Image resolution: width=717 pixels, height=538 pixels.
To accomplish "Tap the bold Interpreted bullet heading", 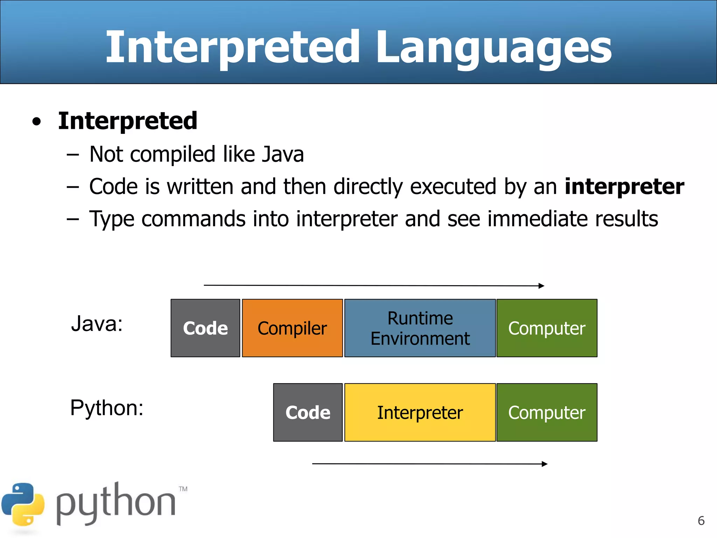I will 127,120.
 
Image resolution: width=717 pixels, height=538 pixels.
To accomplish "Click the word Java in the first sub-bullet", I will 283,154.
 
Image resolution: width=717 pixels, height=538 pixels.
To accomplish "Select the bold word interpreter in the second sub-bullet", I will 624,186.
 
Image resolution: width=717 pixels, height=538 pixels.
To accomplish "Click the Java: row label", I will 97,324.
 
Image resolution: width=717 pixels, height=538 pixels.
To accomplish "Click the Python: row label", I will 107,408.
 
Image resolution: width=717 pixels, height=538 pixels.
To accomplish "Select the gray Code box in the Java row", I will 205,328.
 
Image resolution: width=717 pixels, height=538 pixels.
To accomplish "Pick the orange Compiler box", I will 292,328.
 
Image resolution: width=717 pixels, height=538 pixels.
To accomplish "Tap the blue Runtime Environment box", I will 420,328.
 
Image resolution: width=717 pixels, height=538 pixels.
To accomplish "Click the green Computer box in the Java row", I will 547,328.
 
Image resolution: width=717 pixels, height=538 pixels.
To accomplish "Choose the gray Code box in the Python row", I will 308,412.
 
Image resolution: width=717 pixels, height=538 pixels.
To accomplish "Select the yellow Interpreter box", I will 420,412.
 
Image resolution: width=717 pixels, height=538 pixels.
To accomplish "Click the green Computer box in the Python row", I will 547,412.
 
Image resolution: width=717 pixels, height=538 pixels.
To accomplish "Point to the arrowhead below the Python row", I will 544,464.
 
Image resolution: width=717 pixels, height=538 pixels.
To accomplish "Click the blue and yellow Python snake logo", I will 23,504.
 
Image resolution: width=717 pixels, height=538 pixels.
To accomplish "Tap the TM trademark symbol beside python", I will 183,489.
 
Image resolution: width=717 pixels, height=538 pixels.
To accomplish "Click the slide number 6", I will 701,521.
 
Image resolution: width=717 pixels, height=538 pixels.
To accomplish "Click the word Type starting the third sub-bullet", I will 112,219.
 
